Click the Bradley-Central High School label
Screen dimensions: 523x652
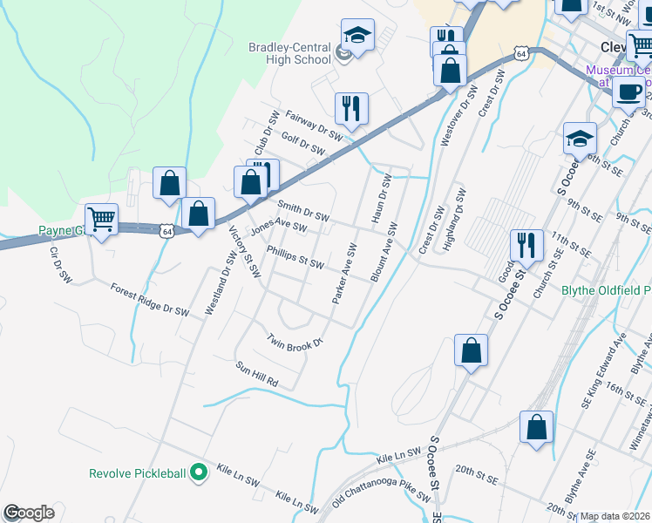(x=289, y=53)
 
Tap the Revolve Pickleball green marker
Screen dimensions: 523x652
(x=199, y=473)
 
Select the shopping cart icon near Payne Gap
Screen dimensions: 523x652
(x=102, y=221)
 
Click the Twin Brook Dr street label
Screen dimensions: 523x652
(x=295, y=342)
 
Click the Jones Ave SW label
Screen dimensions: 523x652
(x=279, y=228)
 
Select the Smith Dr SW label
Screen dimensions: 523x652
(x=303, y=210)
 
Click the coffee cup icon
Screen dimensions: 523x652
(x=628, y=92)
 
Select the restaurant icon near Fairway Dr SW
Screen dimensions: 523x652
(x=351, y=109)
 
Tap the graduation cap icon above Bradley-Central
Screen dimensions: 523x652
(x=357, y=35)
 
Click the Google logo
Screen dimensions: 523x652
(x=29, y=513)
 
